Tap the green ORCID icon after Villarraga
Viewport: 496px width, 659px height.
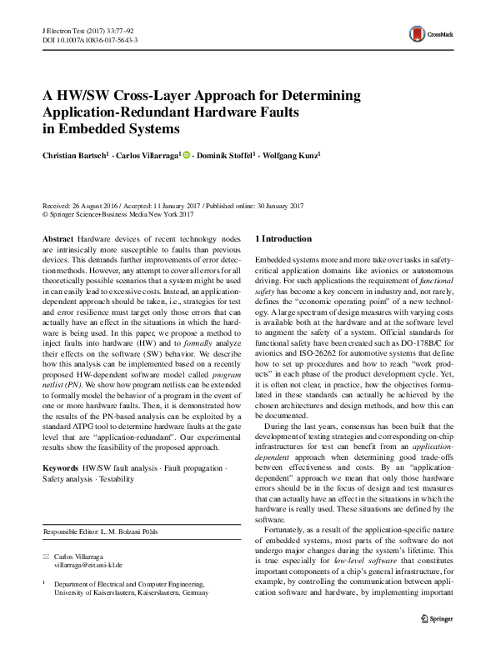pos(187,155)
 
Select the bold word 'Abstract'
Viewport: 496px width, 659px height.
pos(58,238)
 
